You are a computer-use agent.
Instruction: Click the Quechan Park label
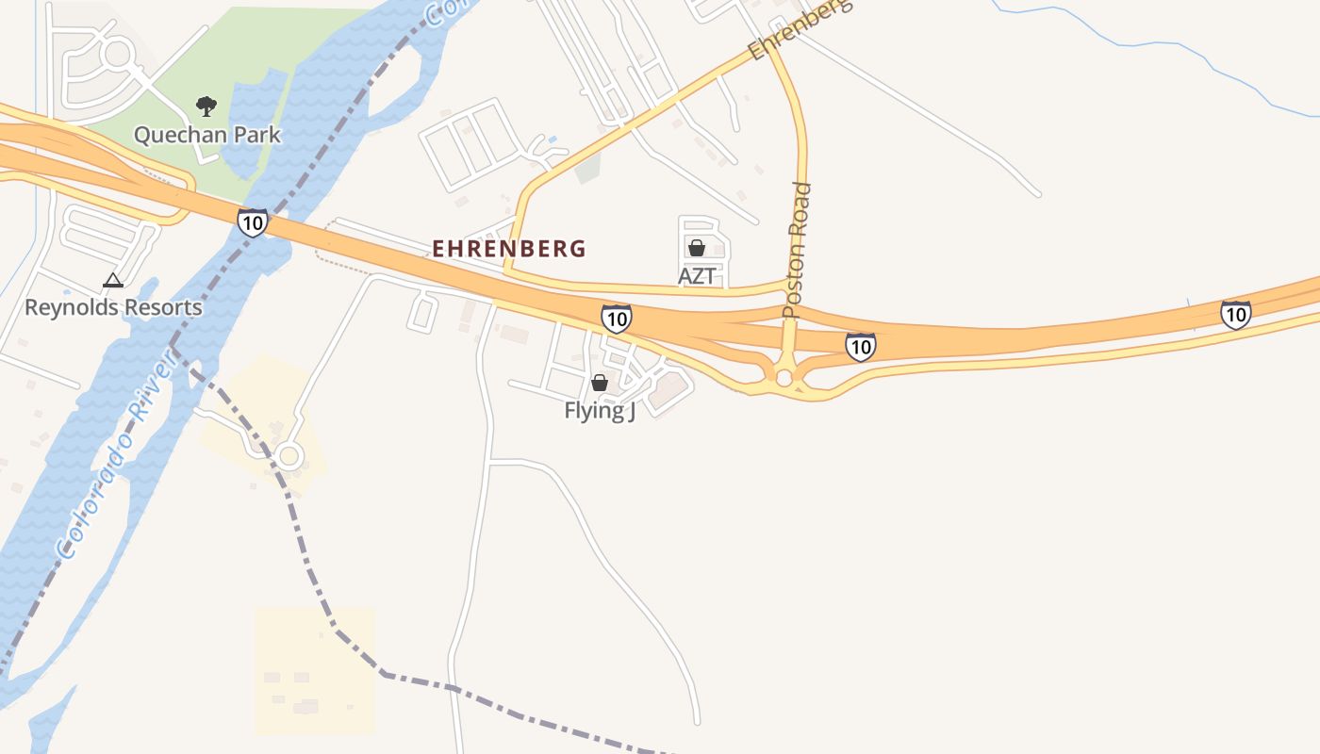(x=207, y=135)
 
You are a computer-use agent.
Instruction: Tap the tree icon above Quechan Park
(x=206, y=106)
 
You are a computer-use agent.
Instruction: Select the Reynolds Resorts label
(x=113, y=307)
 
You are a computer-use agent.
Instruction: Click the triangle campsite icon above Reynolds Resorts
(x=113, y=280)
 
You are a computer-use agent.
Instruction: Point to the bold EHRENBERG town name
(x=509, y=249)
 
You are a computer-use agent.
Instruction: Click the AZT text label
(x=697, y=276)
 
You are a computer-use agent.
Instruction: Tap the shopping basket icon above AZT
(x=697, y=248)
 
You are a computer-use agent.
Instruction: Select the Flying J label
(x=600, y=411)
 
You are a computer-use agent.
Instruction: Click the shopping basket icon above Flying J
(x=599, y=383)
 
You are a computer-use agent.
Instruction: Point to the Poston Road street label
(x=797, y=250)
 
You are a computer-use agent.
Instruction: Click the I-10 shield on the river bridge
(x=253, y=222)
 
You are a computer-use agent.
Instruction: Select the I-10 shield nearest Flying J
(x=616, y=319)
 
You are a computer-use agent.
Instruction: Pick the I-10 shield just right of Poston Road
(x=860, y=347)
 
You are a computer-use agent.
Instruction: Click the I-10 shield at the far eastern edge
(x=1236, y=314)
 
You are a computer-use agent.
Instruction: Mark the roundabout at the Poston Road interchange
(x=784, y=377)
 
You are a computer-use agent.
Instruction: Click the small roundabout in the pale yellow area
(x=289, y=457)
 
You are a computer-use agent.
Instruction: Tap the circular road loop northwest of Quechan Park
(x=117, y=53)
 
